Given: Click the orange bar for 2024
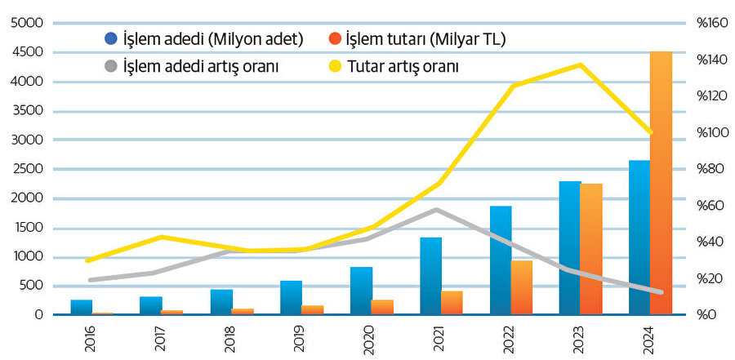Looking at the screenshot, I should click(x=661, y=183).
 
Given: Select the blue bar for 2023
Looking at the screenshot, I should click(x=570, y=248).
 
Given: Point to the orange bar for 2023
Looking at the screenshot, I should click(x=590, y=249).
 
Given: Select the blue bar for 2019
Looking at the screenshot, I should click(x=291, y=298).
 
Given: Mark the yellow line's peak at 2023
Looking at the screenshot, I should click(x=581, y=64).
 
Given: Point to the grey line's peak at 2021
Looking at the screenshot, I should click(x=437, y=210).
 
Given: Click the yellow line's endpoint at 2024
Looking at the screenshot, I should click(x=651, y=132).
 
